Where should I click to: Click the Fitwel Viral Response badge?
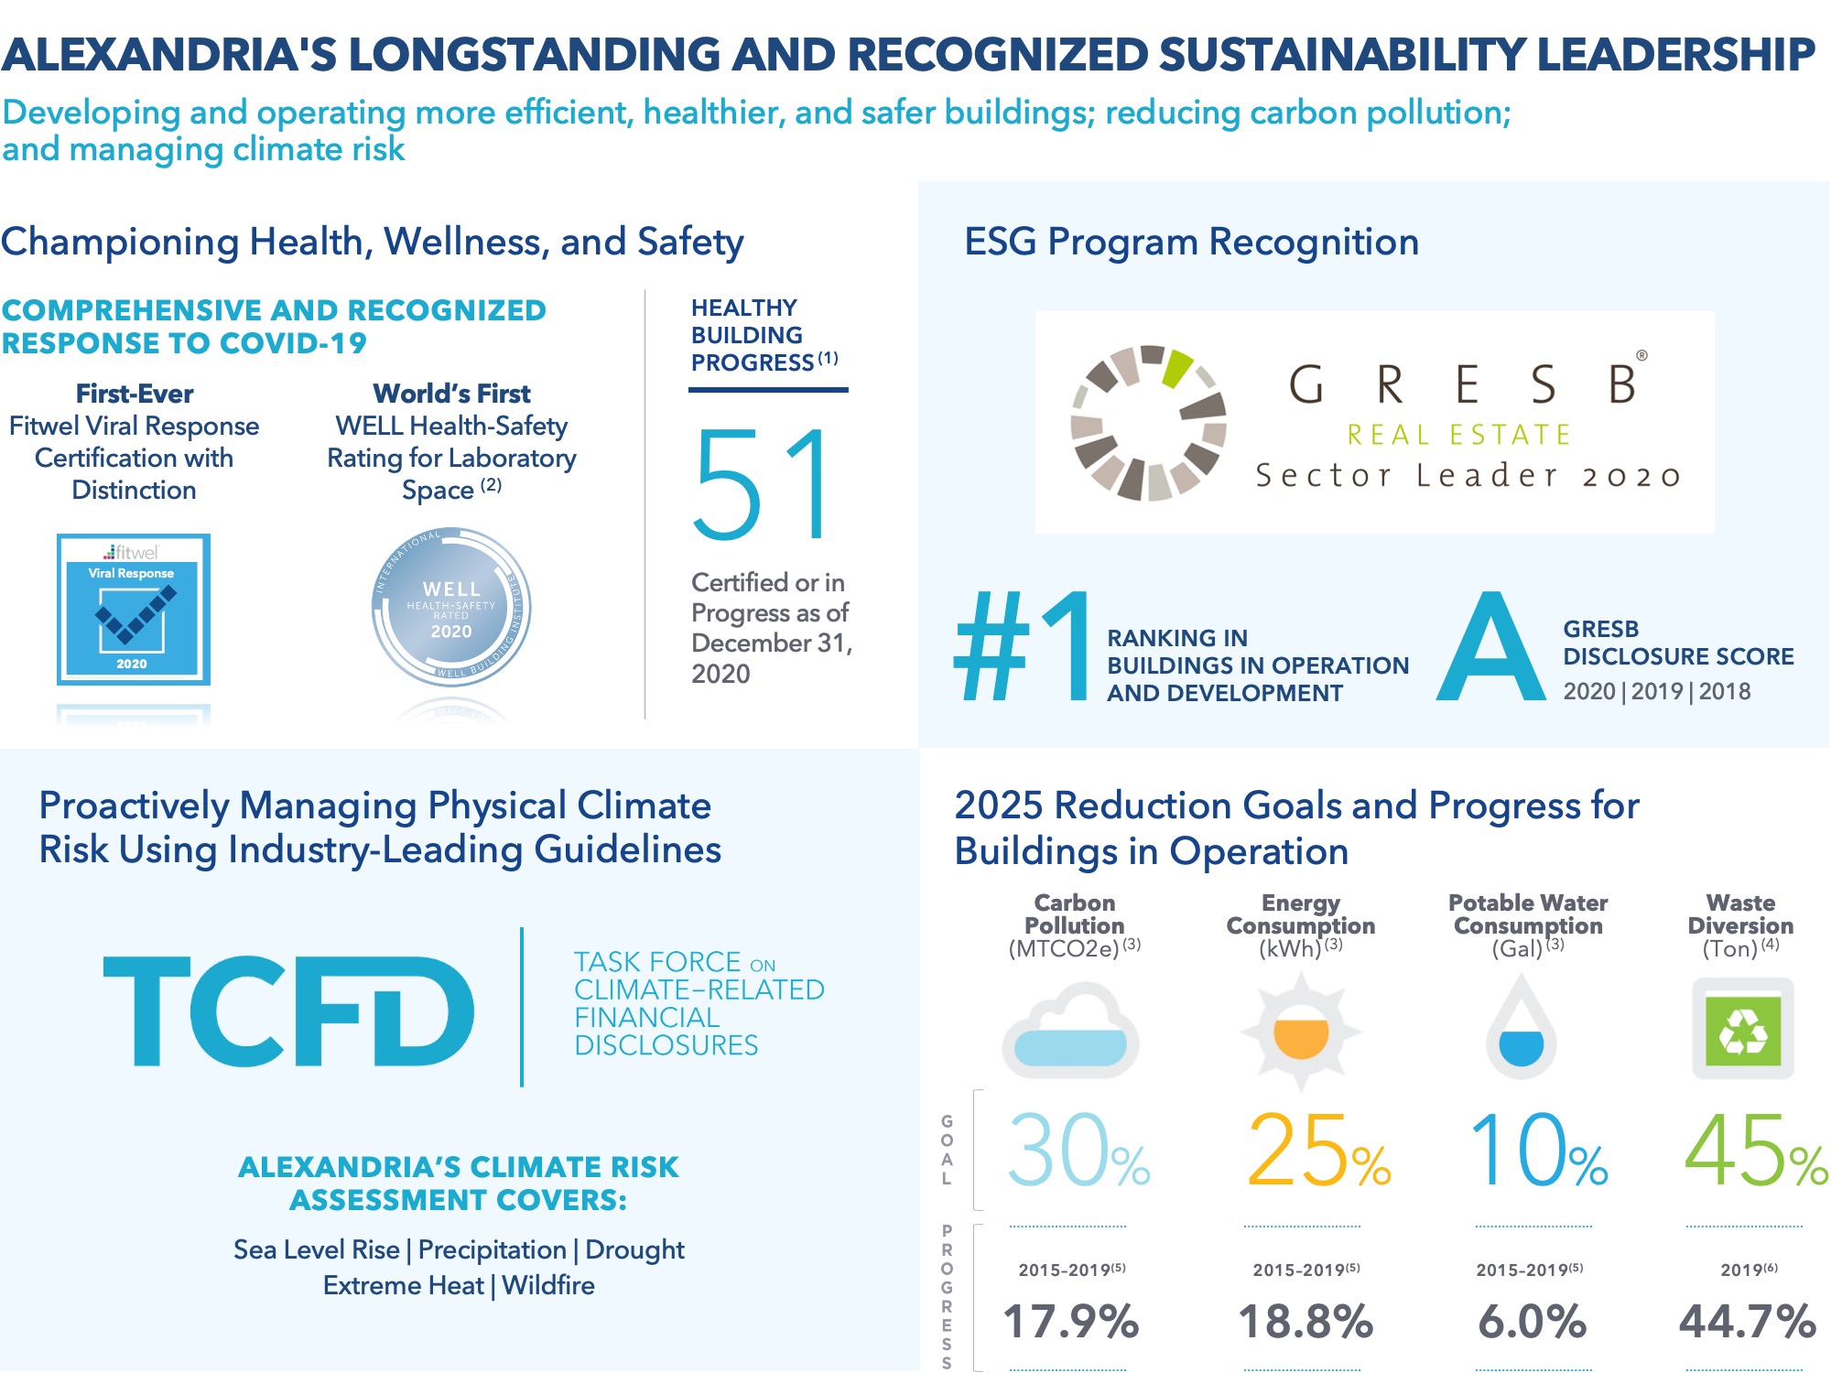click(134, 610)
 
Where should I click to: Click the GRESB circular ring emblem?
click(1149, 423)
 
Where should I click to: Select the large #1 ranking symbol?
click(1024, 648)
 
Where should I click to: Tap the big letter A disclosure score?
click(1490, 648)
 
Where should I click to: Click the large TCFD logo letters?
click(289, 1011)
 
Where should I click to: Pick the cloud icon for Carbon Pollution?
click(1071, 1031)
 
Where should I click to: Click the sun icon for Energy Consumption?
click(1301, 1032)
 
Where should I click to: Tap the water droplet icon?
click(1522, 1029)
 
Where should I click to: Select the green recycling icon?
click(1742, 1029)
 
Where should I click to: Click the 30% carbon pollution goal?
click(1078, 1151)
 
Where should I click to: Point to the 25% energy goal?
click(1317, 1151)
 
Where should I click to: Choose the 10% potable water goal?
click(1538, 1151)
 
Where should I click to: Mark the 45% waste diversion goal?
click(1755, 1151)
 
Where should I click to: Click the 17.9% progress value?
click(1071, 1322)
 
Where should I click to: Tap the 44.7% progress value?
click(1747, 1322)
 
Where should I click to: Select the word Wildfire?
click(548, 1285)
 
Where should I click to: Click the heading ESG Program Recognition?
click(1191, 242)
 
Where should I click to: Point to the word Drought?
click(634, 1249)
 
